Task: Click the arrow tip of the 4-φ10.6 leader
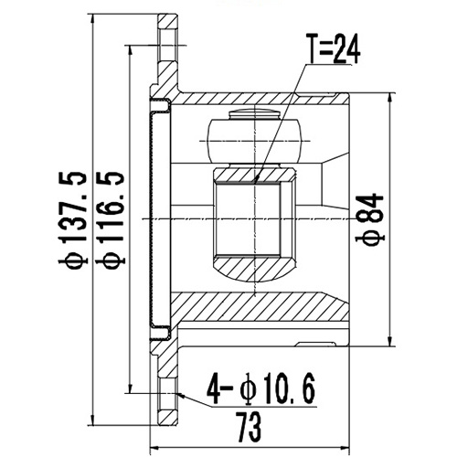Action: coord(180,396)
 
